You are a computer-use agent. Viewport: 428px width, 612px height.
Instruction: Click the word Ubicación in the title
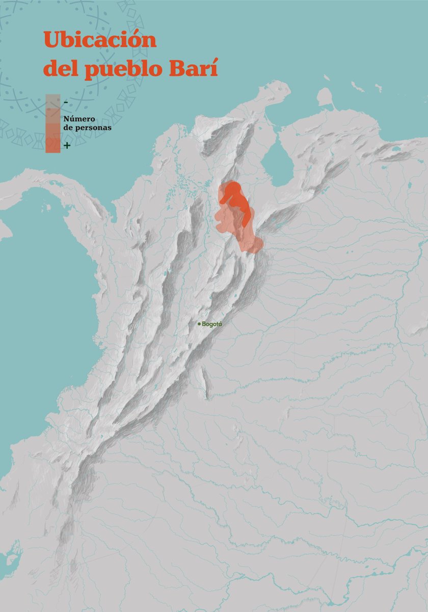pos(100,40)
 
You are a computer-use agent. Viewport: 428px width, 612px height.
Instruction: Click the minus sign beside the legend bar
pos(66,103)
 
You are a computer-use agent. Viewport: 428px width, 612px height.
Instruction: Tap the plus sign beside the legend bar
pos(67,146)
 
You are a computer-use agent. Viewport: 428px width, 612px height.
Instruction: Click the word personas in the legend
pos(93,128)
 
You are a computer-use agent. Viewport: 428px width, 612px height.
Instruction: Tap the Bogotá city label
pos(212,324)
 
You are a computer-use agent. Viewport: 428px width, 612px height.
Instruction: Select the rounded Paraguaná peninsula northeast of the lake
pos(324,97)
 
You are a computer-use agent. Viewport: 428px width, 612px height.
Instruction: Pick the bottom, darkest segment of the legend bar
pos(52,146)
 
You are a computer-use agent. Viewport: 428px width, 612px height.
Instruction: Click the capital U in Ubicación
pos(51,39)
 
